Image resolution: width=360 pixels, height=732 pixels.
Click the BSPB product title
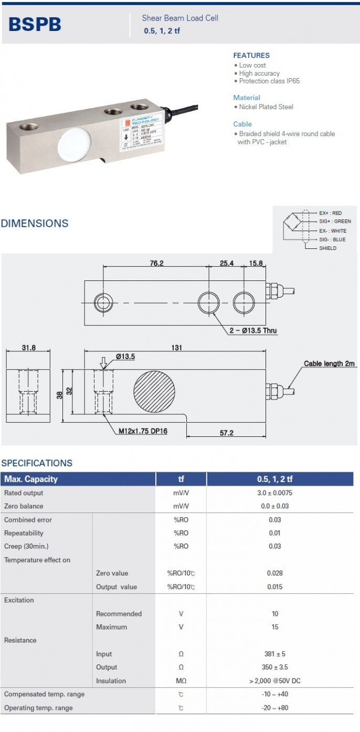[35, 24]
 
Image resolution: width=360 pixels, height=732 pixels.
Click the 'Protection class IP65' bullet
[269, 81]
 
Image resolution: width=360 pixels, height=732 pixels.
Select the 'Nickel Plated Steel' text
[266, 107]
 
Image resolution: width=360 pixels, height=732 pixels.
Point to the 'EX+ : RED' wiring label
[330, 213]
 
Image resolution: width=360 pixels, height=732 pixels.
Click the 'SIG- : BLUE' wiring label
[332, 239]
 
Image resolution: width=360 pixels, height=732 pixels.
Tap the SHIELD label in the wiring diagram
[327, 248]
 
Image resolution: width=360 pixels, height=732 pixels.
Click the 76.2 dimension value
[156, 263]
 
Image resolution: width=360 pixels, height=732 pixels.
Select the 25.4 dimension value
[226, 263]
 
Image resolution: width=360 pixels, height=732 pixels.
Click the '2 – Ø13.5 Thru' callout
[253, 331]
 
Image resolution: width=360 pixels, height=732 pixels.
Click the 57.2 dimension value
[227, 433]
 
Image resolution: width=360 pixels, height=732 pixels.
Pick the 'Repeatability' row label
[24, 533]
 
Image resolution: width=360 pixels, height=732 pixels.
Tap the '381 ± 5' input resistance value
[275, 654]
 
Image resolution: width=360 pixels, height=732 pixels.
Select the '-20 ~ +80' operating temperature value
[275, 708]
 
